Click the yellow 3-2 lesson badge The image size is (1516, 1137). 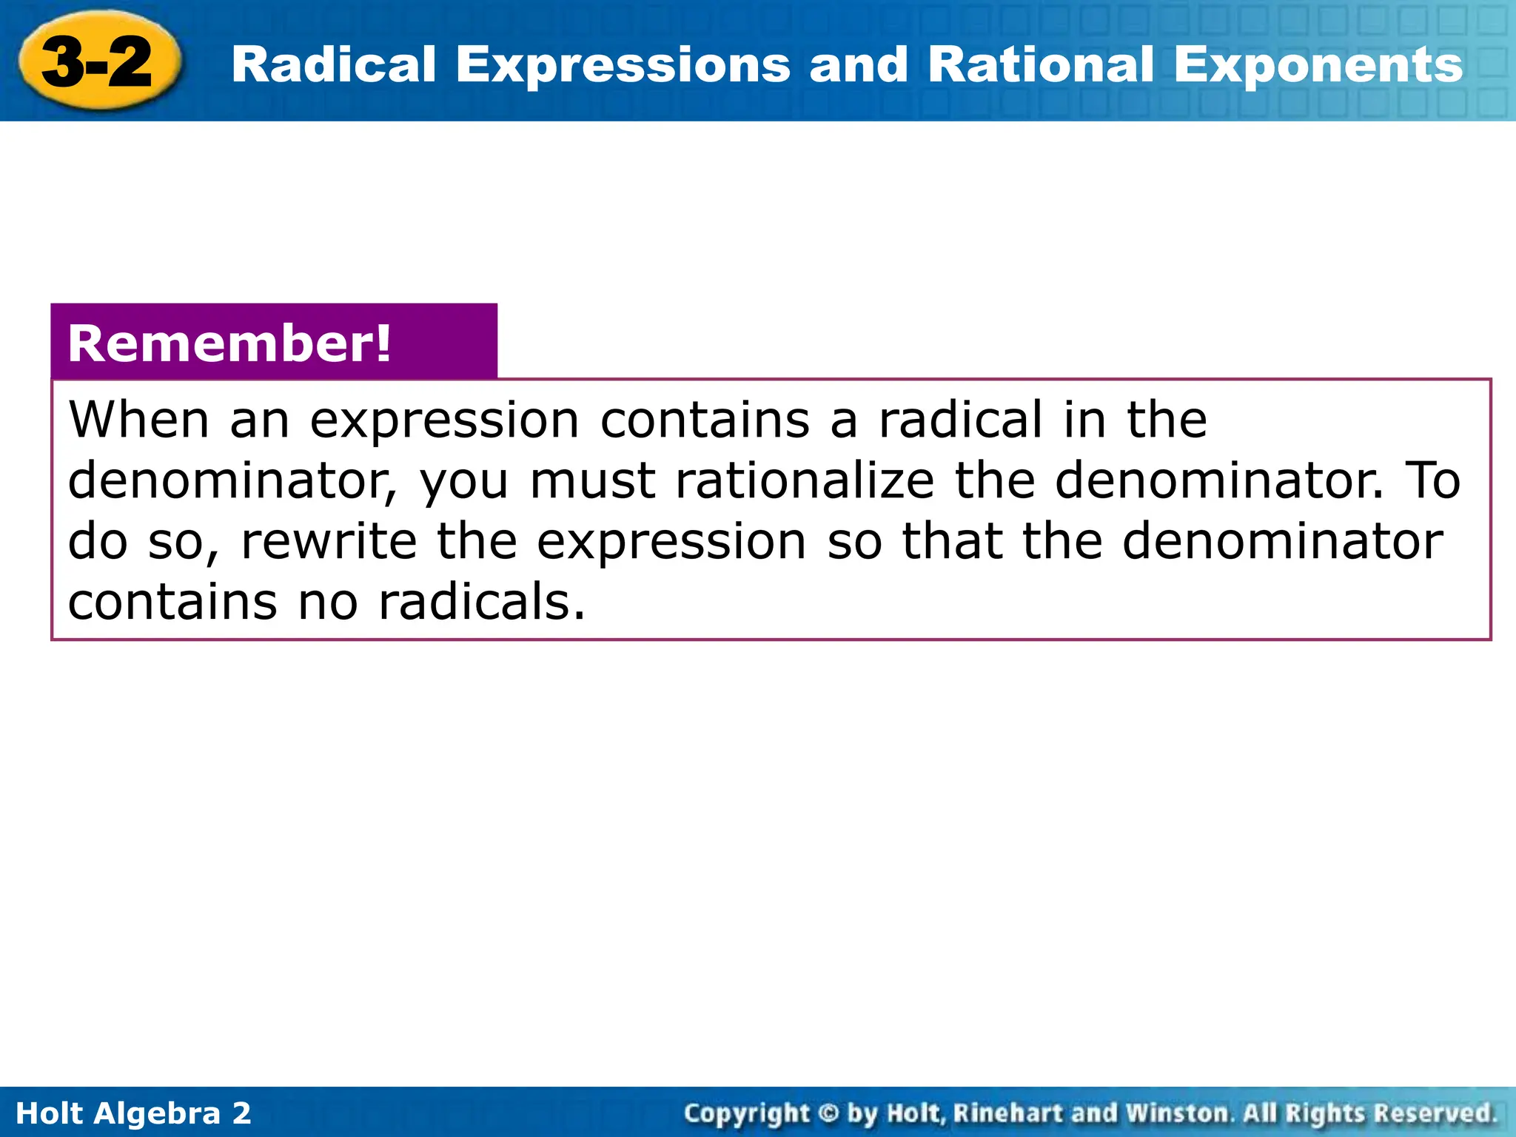pyautogui.click(x=98, y=62)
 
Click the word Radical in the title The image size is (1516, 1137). pyautogui.click(x=333, y=65)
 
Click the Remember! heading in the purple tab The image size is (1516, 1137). pyautogui.click(x=229, y=344)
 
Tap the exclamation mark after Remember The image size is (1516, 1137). pyautogui.click(x=383, y=343)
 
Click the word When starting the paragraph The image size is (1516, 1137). pyautogui.click(x=138, y=420)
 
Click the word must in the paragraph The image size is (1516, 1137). pyautogui.click(x=592, y=482)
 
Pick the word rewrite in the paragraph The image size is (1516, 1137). pyautogui.click(x=329, y=541)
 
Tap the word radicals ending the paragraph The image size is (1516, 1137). pyautogui.click(x=481, y=602)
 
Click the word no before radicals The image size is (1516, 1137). pyautogui.click(x=328, y=603)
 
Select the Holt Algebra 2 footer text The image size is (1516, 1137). pyautogui.click(x=133, y=1113)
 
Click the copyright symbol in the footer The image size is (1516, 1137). pyautogui.click(x=829, y=1113)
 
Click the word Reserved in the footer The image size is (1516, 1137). pyautogui.click(x=1434, y=1113)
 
